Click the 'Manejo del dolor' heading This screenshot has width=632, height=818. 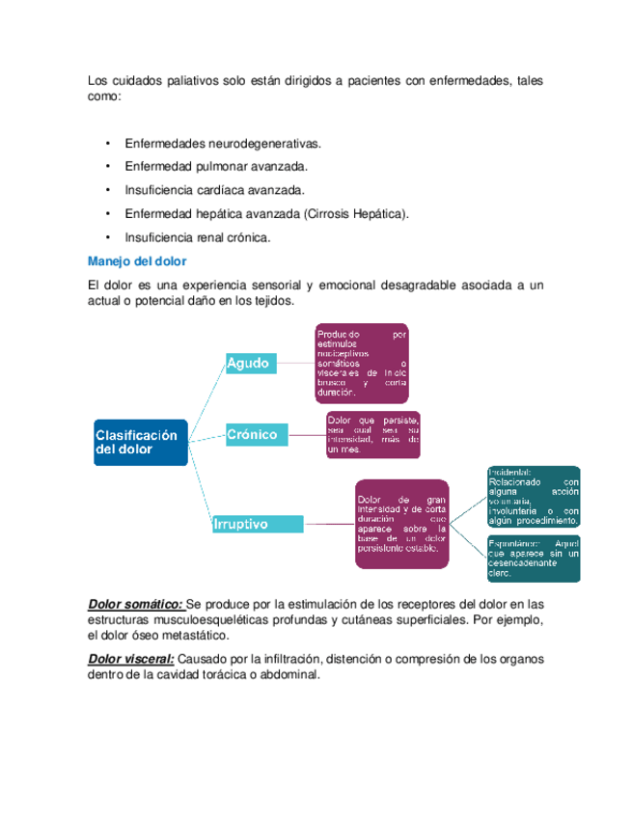pyautogui.click(x=136, y=260)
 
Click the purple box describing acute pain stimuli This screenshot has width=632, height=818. pyautogui.click(x=362, y=363)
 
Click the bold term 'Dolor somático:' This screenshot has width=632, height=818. pyautogui.click(x=135, y=605)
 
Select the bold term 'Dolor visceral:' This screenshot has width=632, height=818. pyautogui.click(x=131, y=660)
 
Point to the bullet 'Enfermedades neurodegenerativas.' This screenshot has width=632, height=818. pyautogui.click(x=222, y=144)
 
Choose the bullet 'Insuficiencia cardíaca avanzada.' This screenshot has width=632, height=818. pyautogui.click(x=214, y=190)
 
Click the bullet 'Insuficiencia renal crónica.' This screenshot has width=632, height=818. pyautogui.click(x=198, y=236)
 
